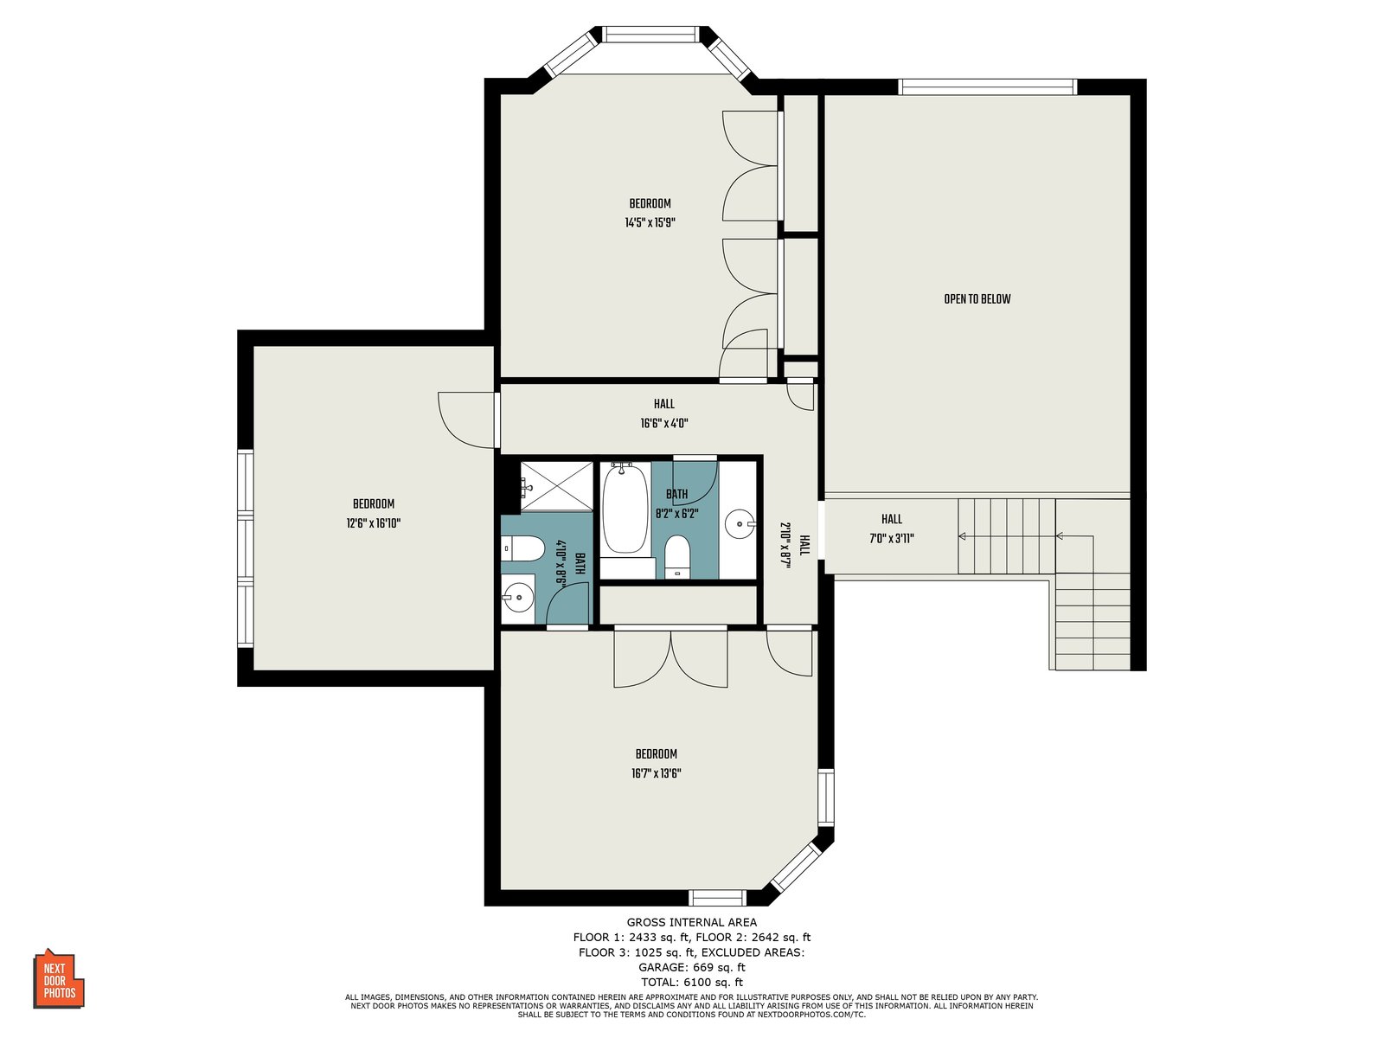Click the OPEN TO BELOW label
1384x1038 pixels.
pyautogui.click(x=977, y=298)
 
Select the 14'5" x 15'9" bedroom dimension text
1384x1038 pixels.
pyautogui.click(x=650, y=222)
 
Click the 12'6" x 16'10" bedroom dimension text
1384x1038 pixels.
pyautogui.click(x=374, y=523)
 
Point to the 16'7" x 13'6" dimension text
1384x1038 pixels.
pyautogui.click(x=657, y=773)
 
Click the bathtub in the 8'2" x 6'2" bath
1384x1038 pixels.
pyautogui.click(x=625, y=509)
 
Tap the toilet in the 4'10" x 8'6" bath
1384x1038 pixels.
pyautogui.click(x=522, y=548)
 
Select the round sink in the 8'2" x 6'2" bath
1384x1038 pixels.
pyautogui.click(x=739, y=522)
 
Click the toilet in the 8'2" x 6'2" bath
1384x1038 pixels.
pyautogui.click(x=678, y=556)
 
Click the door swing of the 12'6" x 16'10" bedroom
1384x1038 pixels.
pyautogui.click(x=465, y=420)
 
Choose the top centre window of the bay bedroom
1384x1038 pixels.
pyautogui.click(x=650, y=34)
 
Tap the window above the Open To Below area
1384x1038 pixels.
pyautogui.click(x=988, y=87)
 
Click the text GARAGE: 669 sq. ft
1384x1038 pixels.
pyautogui.click(x=692, y=967)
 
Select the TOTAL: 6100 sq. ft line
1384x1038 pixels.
pyautogui.click(x=692, y=982)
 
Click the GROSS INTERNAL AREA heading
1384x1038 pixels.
pyautogui.click(x=692, y=922)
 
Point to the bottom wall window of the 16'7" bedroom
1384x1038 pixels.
pyautogui.click(x=717, y=898)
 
